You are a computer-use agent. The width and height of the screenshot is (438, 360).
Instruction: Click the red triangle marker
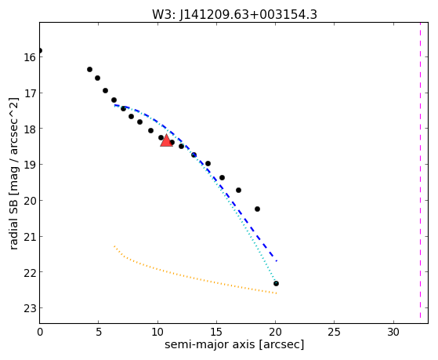click(x=166, y=140)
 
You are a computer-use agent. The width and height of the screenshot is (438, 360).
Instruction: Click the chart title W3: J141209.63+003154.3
click(x=234, y=14)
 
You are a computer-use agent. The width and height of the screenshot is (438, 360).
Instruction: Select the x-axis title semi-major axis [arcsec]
click(x=234, y=344)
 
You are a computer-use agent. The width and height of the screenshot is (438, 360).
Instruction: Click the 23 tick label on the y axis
click(x=30, y=308)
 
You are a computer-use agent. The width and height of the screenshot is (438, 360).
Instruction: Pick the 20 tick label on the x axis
click(x=276, y=332)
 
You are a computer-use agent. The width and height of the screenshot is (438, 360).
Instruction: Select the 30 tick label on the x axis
click(x=393, y=332)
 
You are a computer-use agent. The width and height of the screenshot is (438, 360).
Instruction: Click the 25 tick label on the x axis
click(x=335, y=332)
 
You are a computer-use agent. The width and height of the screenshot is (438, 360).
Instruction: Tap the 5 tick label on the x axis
click(x=98, y=332)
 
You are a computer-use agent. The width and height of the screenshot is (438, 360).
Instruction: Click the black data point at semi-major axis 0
click(x=40, y=51)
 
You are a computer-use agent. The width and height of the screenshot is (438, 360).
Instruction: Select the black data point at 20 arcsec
click(x=276, y=284)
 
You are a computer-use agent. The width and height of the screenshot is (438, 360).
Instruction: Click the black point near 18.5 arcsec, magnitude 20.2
click(x=257, y=209)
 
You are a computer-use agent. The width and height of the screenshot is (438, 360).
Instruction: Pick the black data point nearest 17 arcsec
click(x=238, y=191)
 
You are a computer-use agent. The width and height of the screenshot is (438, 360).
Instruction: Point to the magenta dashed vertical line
click(x=420, y=173)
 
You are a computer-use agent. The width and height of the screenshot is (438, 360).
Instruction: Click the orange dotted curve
click(x=183, y=275)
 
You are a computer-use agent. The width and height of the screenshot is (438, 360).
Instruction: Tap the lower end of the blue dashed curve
click(x=277, y=261)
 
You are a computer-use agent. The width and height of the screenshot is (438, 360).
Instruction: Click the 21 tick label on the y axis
click(x=30, y=237)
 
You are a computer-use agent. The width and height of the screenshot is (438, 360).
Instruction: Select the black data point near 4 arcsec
click(x=89, y=69)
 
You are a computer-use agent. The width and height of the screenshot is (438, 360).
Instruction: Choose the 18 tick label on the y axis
click(x=30, y=129)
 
